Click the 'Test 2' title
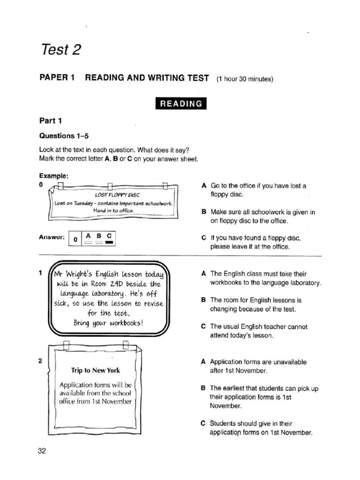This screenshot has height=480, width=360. click(x=61, y=49)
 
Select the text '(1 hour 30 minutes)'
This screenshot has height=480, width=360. click(x=245, y=79)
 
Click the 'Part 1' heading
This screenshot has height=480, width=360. click(x=51, y=121)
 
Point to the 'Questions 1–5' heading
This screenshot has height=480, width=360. click(x=64, y=136)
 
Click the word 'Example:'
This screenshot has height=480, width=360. click(x=54, y=176)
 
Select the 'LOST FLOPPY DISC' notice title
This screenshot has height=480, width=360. click(x=117, y=195)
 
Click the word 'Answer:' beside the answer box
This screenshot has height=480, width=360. click(x=52, y=237)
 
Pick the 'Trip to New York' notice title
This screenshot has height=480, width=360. click(x=96, y=370)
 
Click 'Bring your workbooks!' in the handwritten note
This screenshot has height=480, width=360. click(x=108, y=323)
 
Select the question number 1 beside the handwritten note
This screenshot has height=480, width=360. click(x=41, y=273)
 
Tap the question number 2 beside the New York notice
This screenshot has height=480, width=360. click(x=41, y=361)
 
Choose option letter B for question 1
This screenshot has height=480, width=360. click(x=203, y=300)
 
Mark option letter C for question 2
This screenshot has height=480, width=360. click(x=203, y=423)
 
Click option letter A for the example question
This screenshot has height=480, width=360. click(x=203, y=186)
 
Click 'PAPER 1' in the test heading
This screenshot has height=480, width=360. click(x=57, y=78)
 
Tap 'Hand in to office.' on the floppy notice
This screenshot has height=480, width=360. click(x=113, y=210)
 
